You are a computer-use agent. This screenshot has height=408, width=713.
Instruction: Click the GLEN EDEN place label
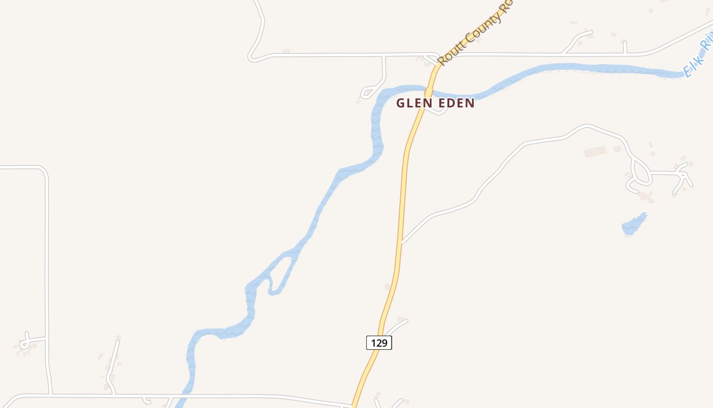pyautogui.click(x=435, y=103)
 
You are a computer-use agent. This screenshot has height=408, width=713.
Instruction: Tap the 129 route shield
pyautogui.click(x=379, y=343)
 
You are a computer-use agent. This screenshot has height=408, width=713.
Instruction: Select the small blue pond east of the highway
pyautogui.click(x=634, y=225)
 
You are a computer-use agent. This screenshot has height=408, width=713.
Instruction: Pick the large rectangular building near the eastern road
pyautogui.click(x=595, y=151)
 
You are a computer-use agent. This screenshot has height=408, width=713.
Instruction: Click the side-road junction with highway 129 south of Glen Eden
pyautogui.click(x=402, y=243)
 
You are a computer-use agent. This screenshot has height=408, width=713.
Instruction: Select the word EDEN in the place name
pyautogui.click(x=454, y=103)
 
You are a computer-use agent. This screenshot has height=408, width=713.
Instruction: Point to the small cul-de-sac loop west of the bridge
pyautogui.click(x=367, y=93)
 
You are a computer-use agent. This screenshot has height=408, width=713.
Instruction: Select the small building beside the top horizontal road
pyautogui.click(x=286, y=51)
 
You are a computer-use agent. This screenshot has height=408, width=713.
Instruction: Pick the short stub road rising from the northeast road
pyautogui.click(x=624, y=47)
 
